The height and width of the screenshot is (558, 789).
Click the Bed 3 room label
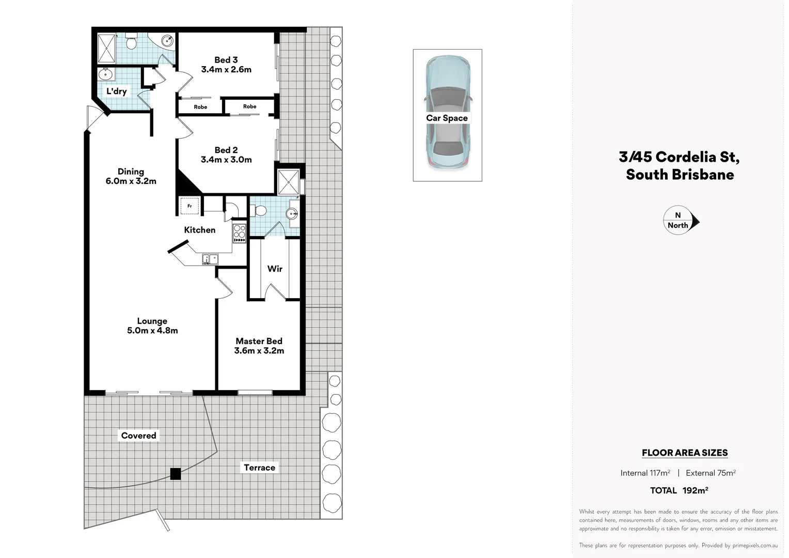pos(226,60)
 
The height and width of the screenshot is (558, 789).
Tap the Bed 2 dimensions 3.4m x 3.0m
pos(226,160)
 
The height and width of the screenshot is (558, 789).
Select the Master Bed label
pos(259,341)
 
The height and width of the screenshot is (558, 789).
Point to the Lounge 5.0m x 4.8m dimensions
pos(152,331)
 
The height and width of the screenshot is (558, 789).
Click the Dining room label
pos(131,172)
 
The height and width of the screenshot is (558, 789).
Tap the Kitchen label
pos(199,230)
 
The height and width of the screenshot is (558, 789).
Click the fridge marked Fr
pos(190,206)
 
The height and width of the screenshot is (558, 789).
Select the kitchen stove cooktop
pos(239,234)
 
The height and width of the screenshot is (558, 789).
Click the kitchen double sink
pos(210,259)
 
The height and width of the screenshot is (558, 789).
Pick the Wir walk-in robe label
pos(275,269)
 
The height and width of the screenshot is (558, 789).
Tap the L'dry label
pos(116,91)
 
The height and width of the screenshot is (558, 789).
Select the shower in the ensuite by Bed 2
pos(288,181)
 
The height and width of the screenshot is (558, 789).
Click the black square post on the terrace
pos(176,474)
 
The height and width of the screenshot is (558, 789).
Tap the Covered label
pos(138,436)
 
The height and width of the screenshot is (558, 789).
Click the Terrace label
pos(259,468)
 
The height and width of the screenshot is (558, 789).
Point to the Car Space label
pos(447,118)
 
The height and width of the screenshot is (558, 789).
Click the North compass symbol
pos(680,221)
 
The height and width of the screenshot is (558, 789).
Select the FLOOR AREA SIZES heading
pos(684,453)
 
